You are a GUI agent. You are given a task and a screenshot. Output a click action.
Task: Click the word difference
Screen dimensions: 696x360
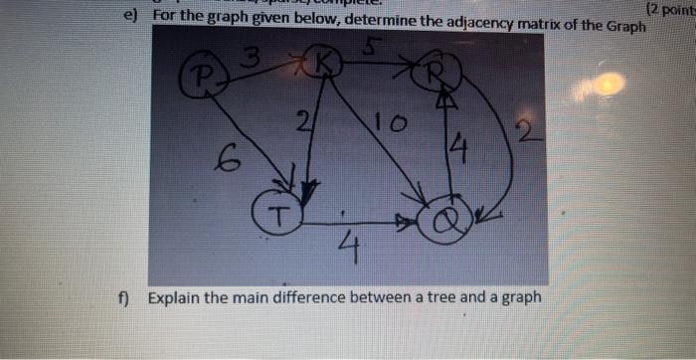tap(323, 298)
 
